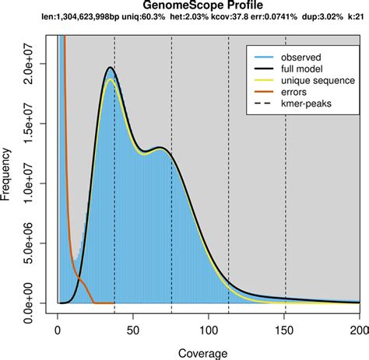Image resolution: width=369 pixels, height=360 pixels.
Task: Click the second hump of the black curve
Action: (160, 147)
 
